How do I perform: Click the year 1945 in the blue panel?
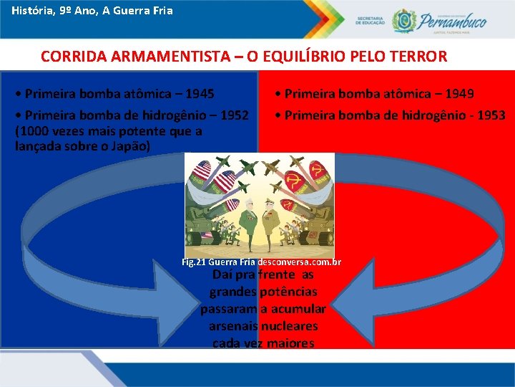(200, 94)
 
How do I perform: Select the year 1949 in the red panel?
(459, 94)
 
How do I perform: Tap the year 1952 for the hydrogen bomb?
(235, 115)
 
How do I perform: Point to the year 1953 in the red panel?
(491, 115)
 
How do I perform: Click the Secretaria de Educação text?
(370, 20)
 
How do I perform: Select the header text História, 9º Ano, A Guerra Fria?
(92, 11)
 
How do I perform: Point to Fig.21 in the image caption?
(195, 262)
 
